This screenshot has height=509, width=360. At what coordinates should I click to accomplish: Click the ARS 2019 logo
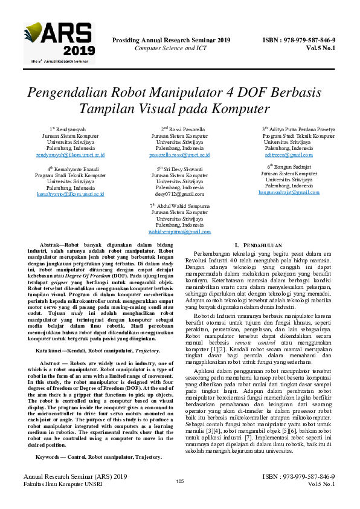point(59,43)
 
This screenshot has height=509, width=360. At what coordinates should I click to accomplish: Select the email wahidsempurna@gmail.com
point(179,232)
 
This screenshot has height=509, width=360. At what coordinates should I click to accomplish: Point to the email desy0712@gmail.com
point(179,194)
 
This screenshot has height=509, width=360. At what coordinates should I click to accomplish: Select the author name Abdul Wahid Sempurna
point(182,206)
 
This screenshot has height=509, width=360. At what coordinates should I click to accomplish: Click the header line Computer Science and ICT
point(171,48)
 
